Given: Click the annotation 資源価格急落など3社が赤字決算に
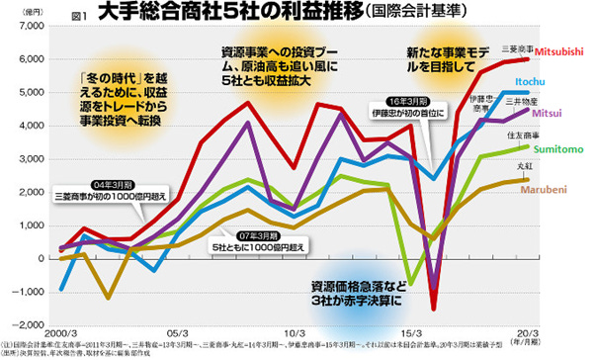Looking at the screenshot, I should coord(357,288).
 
